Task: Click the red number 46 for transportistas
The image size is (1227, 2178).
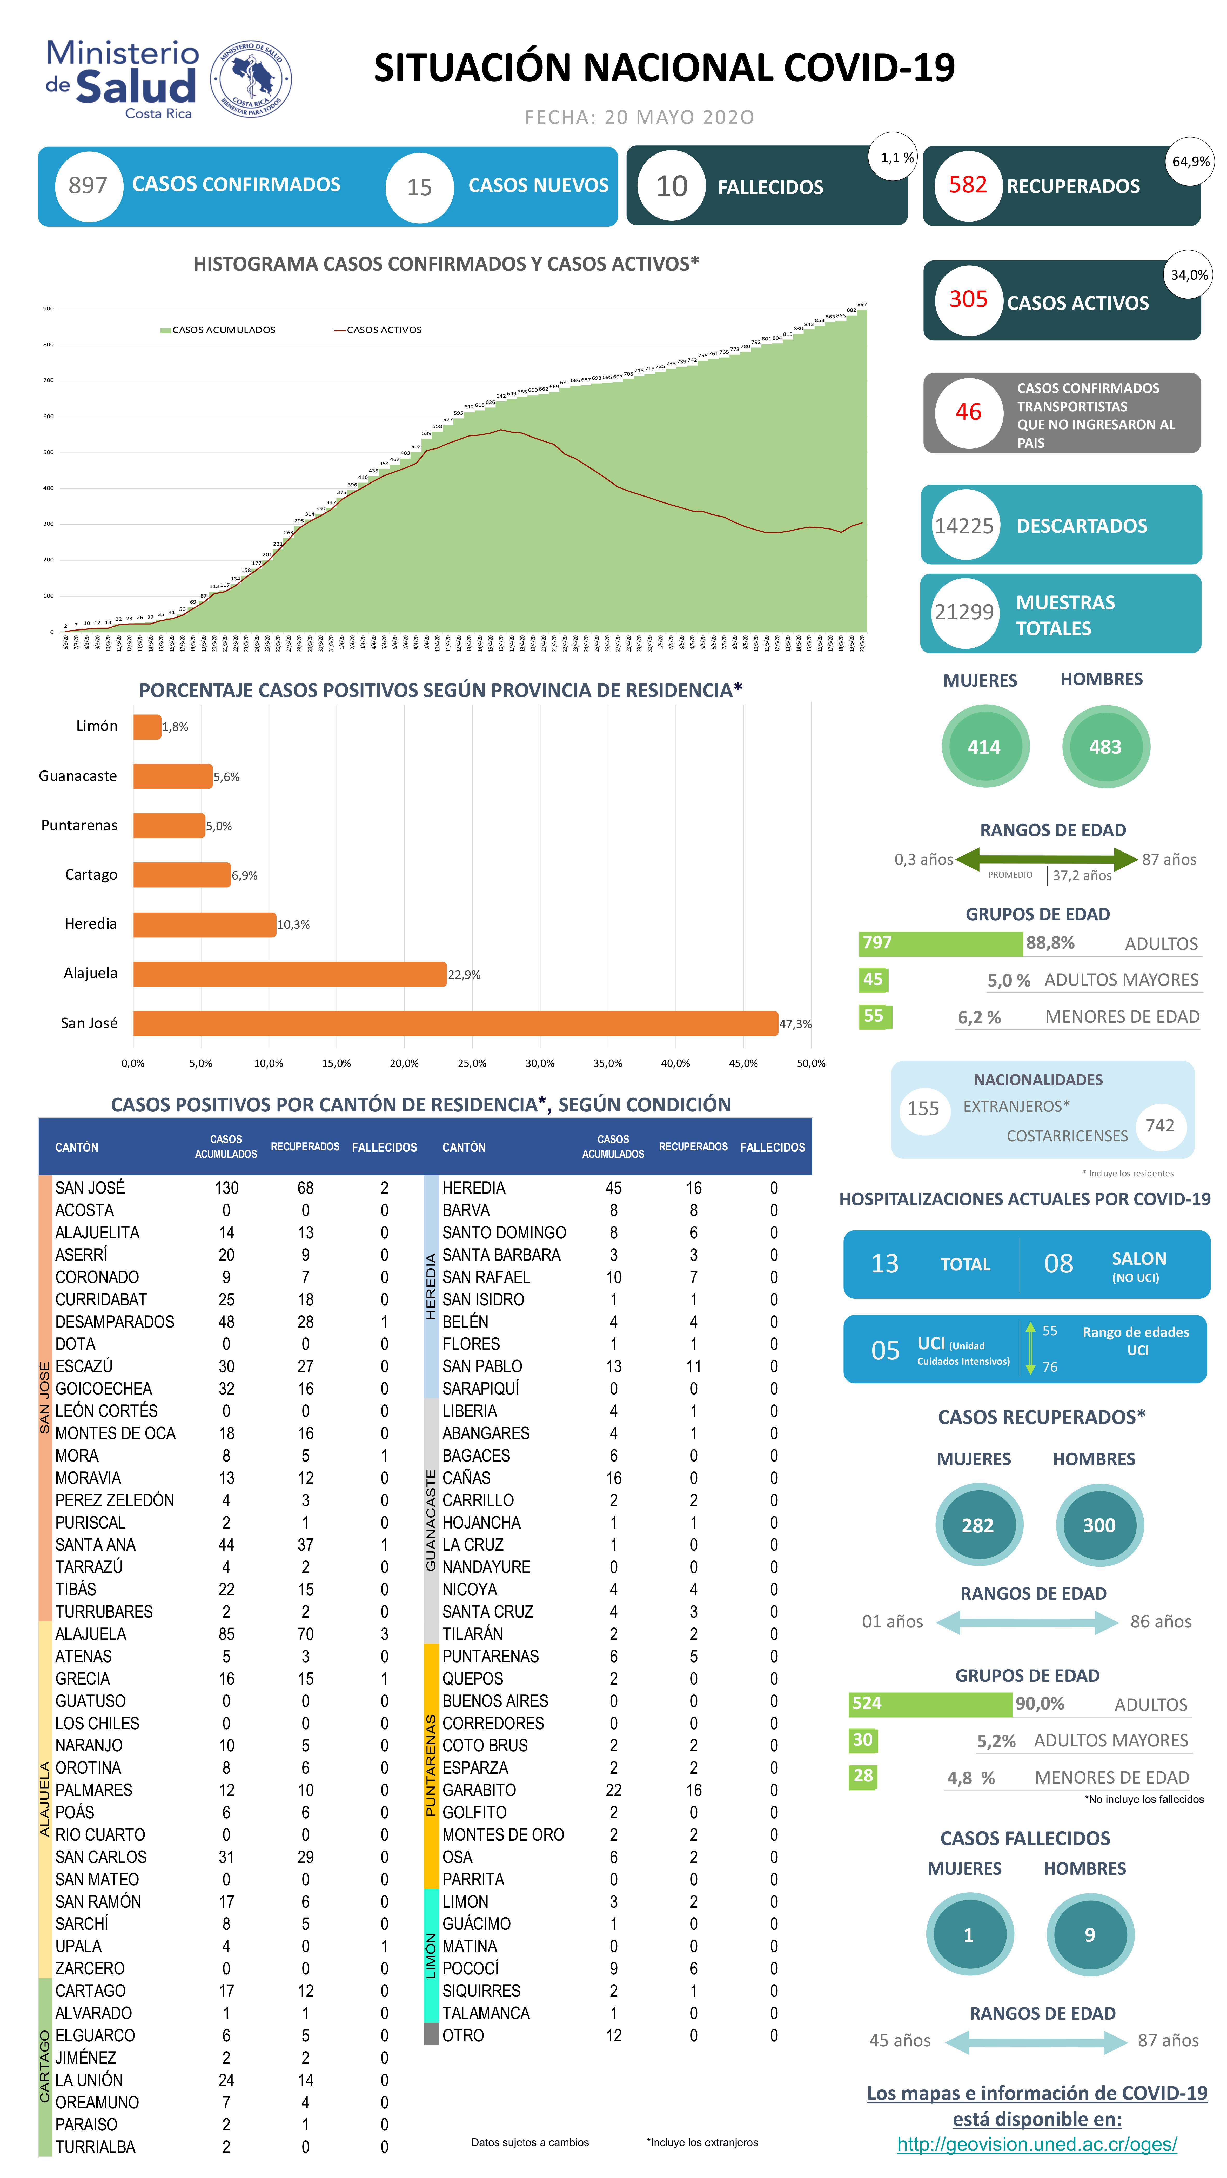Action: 968,412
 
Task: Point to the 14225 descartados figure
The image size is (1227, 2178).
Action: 964,526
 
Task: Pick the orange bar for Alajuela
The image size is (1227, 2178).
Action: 289,974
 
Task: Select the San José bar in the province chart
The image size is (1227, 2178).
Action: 455,1023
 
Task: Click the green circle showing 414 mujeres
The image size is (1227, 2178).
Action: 984,747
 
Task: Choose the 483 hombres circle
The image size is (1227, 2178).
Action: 1105,747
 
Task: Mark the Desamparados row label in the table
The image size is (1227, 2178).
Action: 115,1322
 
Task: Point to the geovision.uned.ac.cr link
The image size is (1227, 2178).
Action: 1037,2144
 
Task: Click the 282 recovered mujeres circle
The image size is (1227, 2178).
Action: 977,1525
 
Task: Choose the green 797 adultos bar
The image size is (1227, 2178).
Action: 940,943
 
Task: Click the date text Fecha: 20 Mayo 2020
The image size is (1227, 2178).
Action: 639,118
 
